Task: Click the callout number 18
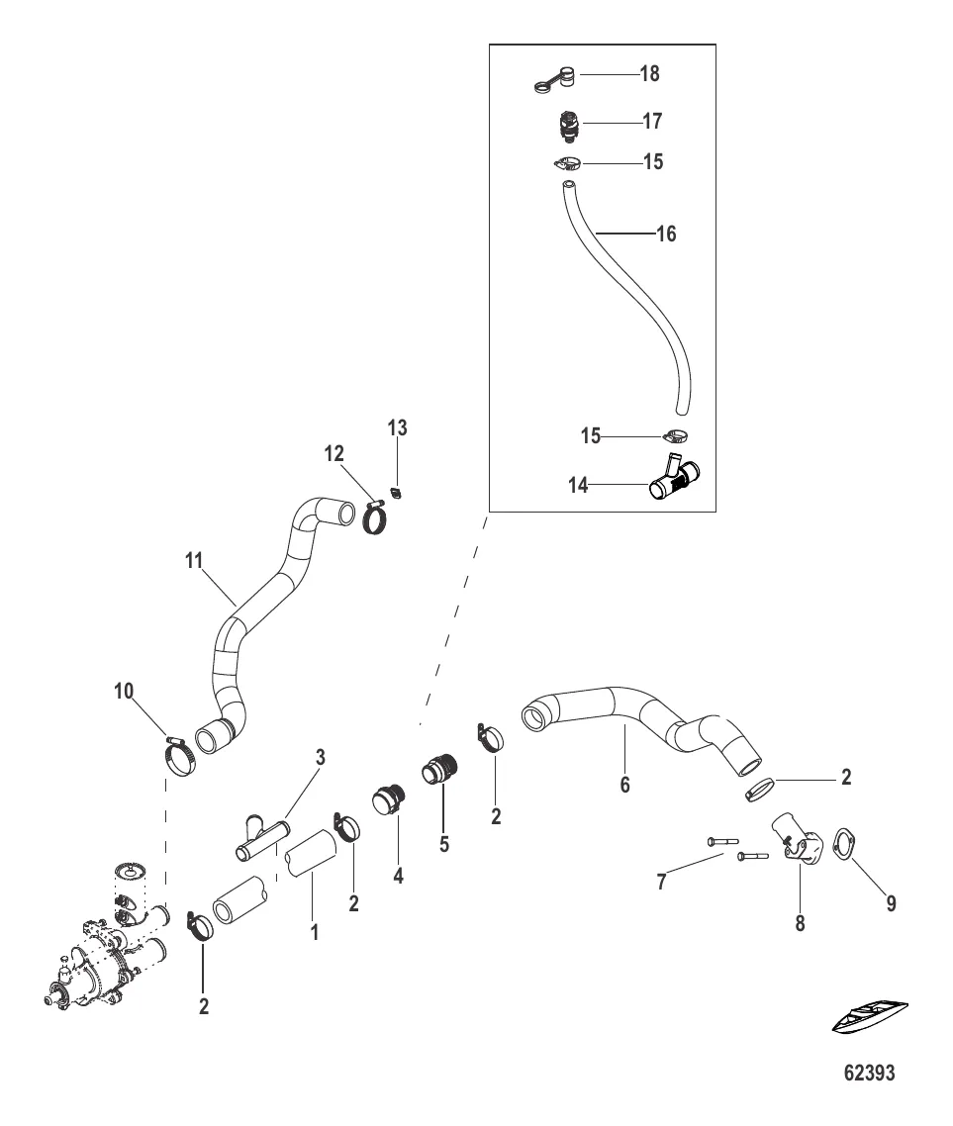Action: click(x=650, y=74)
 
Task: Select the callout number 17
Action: click(x=652, y=122)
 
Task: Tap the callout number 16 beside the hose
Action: click(x=666, y=235)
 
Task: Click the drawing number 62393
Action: click(x=868, y=1074)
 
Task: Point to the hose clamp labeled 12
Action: click(x=376, y=517)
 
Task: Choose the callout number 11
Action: click(x=194, y=561)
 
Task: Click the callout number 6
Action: click(x=624, y=785)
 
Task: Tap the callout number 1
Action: click(x=315, y=931)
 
